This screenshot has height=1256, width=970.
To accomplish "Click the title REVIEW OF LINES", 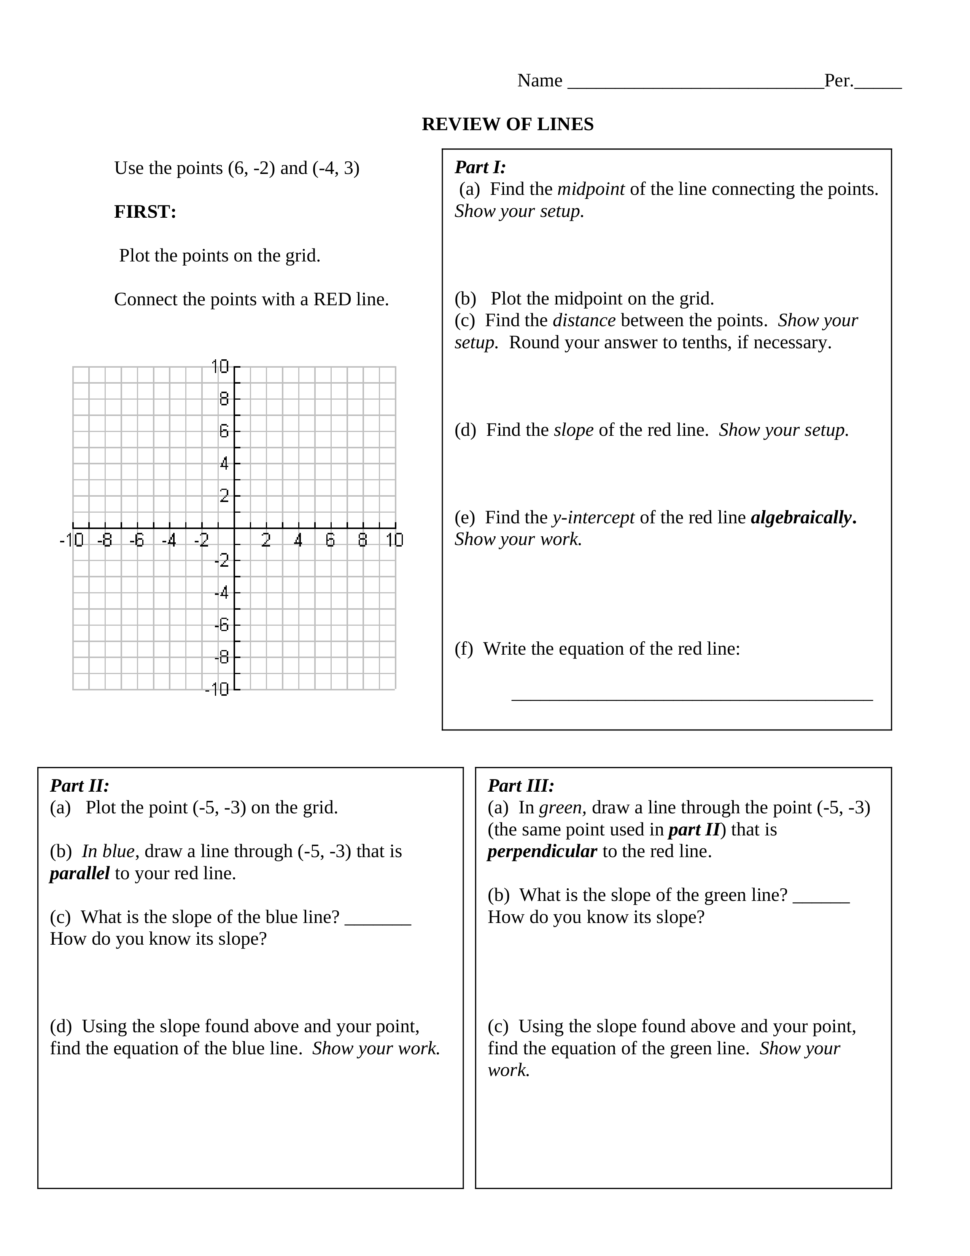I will click(507, 124).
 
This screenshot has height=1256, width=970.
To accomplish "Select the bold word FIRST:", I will click(145, 212).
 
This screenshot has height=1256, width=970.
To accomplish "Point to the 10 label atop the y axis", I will click(220, 366).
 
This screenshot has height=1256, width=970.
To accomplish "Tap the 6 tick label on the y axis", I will click(224, 431).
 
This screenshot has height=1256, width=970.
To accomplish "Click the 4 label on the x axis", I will click(298, 540).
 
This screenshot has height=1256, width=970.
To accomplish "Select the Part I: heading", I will click(480, 167).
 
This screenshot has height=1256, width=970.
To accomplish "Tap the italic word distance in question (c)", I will click(584, 320).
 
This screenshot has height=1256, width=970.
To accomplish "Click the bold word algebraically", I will click(803, 518).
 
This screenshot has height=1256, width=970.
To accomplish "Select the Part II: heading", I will click(79, 786).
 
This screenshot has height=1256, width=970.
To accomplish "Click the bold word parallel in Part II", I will click(79, 873).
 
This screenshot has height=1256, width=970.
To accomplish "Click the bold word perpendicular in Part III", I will click(542, 852).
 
